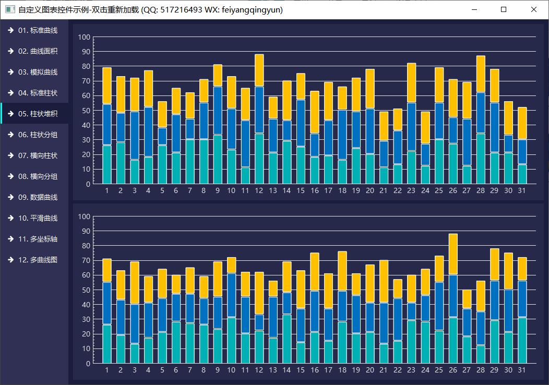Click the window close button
point(533,9)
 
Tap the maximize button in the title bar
point(504,9)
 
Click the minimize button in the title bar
point(474,9)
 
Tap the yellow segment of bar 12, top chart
point(259,70)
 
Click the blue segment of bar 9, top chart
point(218,111)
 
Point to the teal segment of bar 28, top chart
point(481,159)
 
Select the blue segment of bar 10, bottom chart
point(232,295)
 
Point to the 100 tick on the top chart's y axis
point(85,37)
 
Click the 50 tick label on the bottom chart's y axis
point(85,290)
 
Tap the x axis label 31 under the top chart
point(522,191)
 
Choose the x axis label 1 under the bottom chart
point(107,370)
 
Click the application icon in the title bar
point(9,9)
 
